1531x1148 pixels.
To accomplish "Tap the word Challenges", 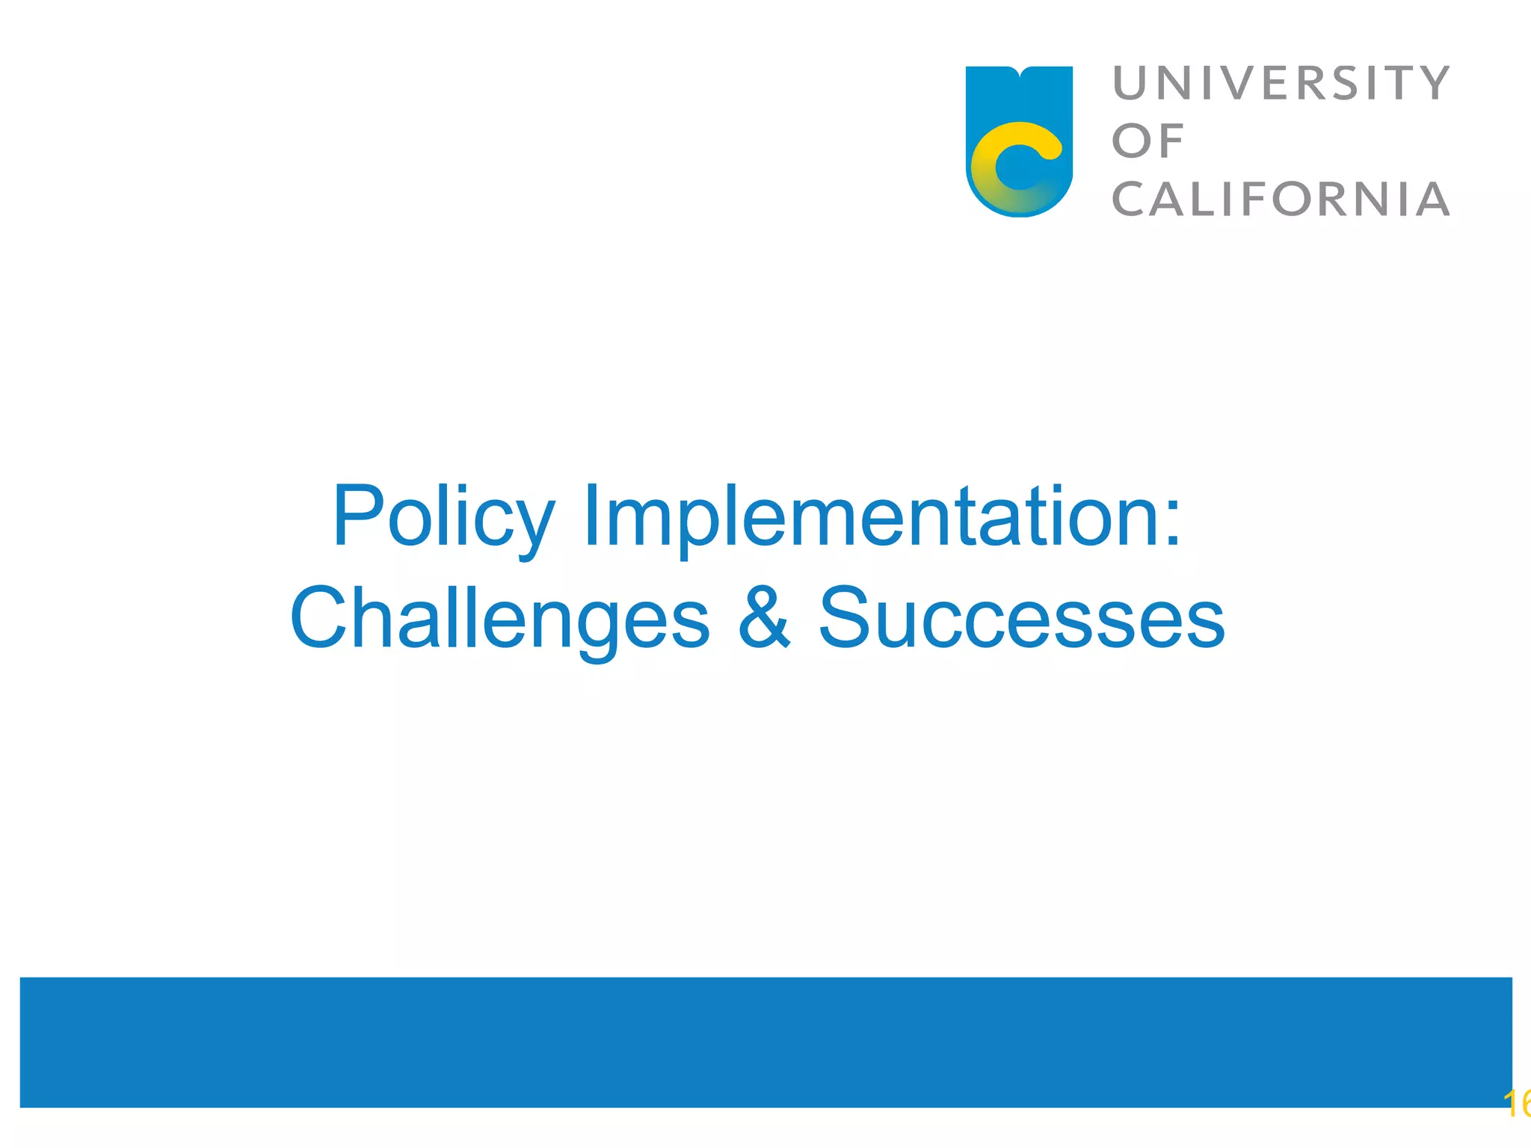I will (x=499, y=620).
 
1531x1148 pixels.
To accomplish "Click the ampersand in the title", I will (x=763, y=617).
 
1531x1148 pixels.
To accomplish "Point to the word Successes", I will (x=1022, y=617).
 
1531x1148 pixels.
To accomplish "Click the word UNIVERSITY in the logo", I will (x=1281, y=83).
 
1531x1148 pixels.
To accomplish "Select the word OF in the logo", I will (x=1148, y=141).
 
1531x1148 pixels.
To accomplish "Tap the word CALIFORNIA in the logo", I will (x=1281, y=200).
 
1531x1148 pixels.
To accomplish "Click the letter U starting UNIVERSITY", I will (x=1131, y=83).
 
